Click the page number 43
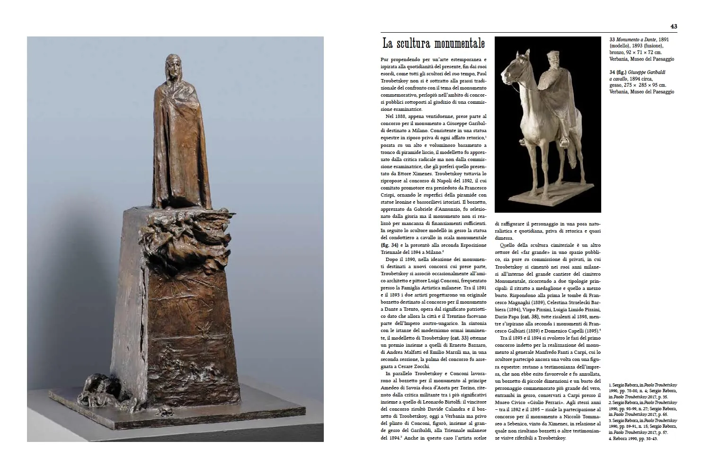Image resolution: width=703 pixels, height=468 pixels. (673, 26)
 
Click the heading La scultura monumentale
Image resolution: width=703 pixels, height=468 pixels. (434, 44)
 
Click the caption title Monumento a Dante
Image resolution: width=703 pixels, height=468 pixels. (637, 40)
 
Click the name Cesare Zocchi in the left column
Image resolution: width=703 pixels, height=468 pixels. (415, 366)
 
